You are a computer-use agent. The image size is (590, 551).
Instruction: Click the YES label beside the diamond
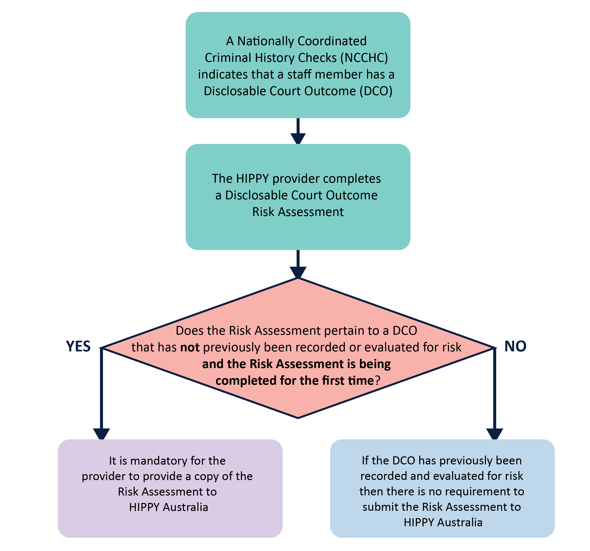click(x=78, y=346)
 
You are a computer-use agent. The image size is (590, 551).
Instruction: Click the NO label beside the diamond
click(x=515, y=346)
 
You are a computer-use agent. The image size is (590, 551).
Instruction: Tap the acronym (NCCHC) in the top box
click(x=364, y=58)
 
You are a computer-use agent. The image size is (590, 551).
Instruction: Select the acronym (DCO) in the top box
click(x=376, y=91)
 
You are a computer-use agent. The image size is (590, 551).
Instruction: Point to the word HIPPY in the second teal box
click(x=253, y=178)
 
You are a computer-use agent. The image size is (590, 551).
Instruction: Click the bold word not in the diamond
click(x=190, y=347)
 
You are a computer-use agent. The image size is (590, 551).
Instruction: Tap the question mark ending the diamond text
click(x=377, y=381)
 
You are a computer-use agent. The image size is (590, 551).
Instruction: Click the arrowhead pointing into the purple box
click(x=102, y=433)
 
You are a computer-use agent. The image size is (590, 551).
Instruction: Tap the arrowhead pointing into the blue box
click(x=494, y=433)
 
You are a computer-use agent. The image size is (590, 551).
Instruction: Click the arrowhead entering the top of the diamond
click(x=298, y=272)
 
